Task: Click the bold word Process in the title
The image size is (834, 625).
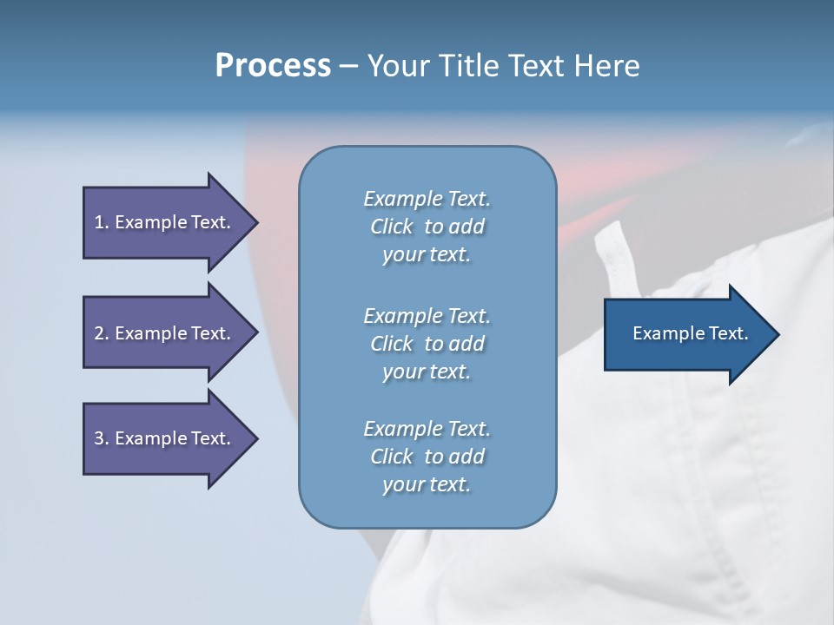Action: coord(273,66)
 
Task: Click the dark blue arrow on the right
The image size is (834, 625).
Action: coord(686,333)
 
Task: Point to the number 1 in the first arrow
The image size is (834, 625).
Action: coord(99,222)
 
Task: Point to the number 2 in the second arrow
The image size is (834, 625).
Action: coord(99,333)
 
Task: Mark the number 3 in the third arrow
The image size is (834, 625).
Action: coord(99,438)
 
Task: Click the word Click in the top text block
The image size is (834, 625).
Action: coord(392,227)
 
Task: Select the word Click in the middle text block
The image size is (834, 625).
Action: coord(392,344)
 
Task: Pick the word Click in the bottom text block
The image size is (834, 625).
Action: coord(392,457)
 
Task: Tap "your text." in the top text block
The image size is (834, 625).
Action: coord(427,255)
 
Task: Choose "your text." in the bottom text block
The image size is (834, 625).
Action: coord(427,485)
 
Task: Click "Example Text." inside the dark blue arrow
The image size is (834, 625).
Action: coord(691,333)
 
